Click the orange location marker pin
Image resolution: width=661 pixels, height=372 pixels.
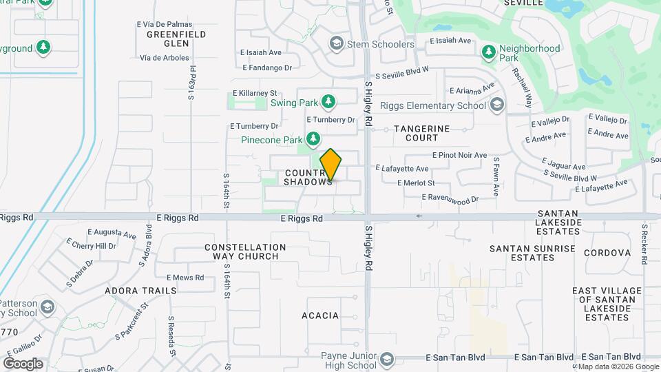click(330, 165)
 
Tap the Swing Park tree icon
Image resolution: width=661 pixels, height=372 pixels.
click(328, 103)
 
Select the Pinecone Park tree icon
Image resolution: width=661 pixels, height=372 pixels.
click(313, 139)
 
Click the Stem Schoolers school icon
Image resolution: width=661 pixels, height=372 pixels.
click(336, 45)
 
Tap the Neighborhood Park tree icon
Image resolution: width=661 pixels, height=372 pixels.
click(489, 52)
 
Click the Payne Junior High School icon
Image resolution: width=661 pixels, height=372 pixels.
click(387, 360)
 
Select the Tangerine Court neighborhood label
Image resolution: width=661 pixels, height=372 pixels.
click(421, 133)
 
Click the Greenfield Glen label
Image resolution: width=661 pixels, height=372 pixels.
click(167, 38)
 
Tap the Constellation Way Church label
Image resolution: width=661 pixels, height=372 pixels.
click(245, 251)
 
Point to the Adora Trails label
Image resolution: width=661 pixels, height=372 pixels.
click(140, 291)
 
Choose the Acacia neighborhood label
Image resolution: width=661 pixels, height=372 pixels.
click(320, 316)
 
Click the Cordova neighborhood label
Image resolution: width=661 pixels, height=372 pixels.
click(607, 253)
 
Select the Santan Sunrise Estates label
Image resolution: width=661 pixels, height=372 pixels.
click(522, 253)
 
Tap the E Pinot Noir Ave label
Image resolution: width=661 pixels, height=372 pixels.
click(459, 156)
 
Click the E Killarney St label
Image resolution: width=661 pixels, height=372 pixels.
click(254, 93)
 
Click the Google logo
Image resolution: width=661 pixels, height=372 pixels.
click(23, 363)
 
